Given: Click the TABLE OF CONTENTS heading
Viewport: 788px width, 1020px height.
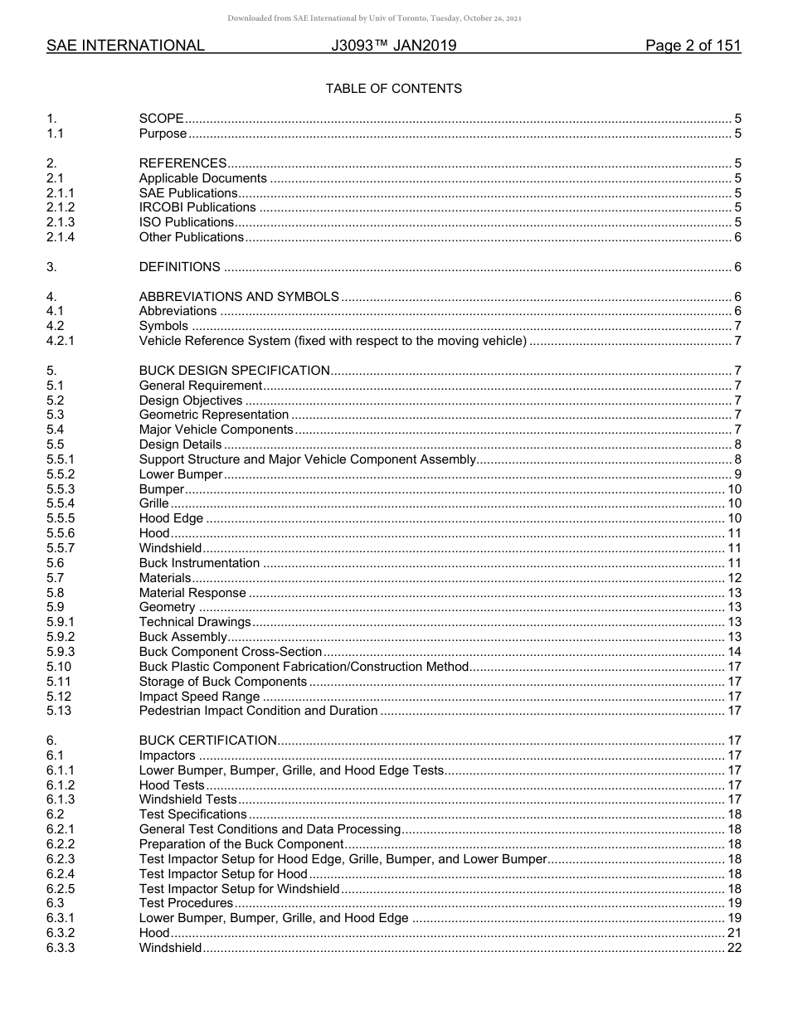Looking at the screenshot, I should coord(393,88).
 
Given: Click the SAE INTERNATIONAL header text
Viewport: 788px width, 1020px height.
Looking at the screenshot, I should coord(125,46).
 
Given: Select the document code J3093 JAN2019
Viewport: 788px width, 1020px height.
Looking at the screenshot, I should coord(393,46).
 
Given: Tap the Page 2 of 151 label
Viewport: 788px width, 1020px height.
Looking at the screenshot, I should coord(693,46).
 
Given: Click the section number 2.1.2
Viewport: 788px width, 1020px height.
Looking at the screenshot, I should coord(61,207).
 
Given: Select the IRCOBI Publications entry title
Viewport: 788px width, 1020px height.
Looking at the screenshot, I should coord(197,207).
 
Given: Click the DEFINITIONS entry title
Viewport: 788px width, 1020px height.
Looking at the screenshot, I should coord(179,267).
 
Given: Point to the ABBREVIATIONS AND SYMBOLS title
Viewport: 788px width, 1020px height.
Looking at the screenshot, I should coord(239,296).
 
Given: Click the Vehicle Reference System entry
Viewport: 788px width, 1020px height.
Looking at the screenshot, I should coord(333,341).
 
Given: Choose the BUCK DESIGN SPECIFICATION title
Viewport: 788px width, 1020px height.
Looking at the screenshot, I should coord(234,371).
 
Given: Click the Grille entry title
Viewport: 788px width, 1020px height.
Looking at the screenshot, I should coord(153,503).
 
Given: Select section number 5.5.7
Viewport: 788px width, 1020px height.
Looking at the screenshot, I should coord(61,548).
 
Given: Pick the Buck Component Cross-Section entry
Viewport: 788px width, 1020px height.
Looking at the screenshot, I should coord(231,652).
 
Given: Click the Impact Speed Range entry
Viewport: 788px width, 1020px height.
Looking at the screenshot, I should coord(199,697).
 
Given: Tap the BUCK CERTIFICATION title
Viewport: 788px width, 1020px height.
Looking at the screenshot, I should coord(207,741).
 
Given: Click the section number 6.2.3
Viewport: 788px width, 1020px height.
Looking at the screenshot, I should coord(61,859).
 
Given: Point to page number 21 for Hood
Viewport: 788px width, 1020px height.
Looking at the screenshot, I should coord(734,933).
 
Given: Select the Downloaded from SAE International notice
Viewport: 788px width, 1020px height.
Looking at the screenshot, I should coord(374,18).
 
